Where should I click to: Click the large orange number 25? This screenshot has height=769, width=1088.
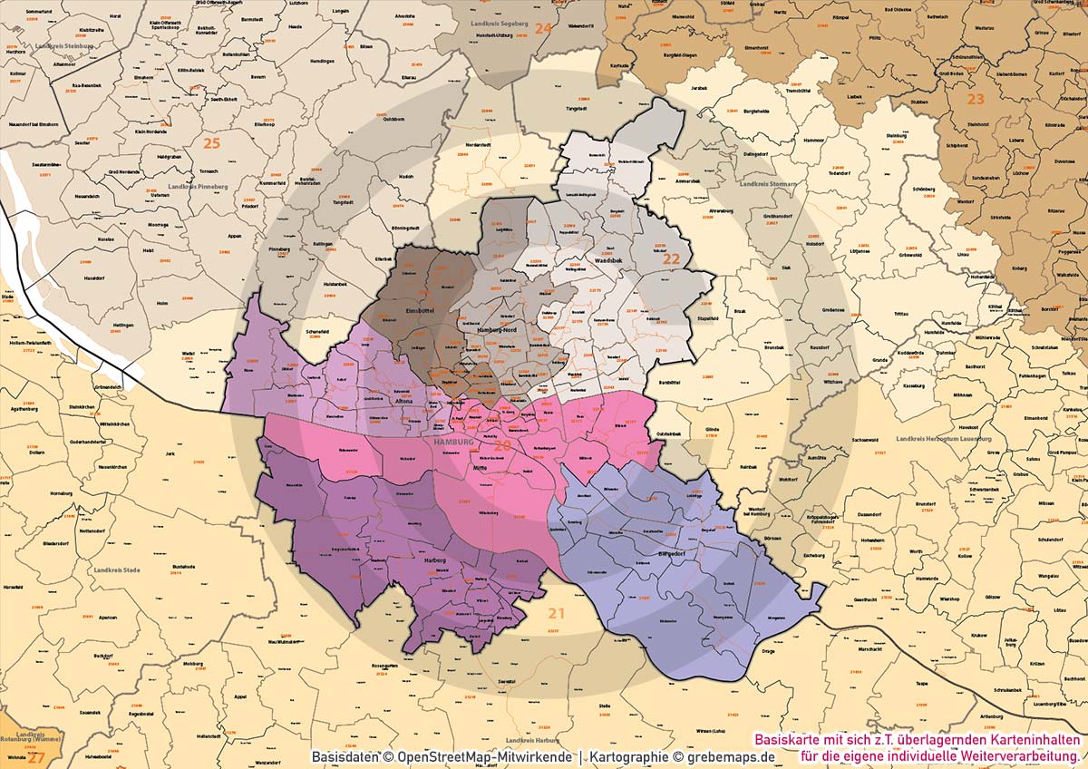[x=211, y=143]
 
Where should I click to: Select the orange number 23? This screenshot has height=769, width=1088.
[x=976, y=99]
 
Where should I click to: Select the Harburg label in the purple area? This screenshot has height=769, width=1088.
[x=436, y=560]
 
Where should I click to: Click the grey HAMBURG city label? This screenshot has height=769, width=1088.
[x=454, y=442]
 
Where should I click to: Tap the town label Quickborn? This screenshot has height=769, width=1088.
[x=393, y=119]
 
